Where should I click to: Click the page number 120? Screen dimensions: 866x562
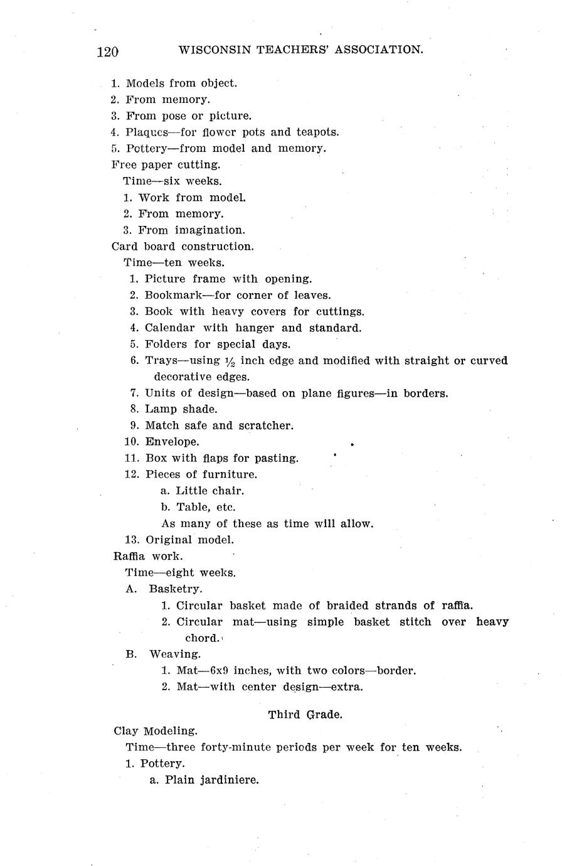107,51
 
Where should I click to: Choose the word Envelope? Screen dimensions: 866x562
172,442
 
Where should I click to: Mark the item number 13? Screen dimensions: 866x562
132,540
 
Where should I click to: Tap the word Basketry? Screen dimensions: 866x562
176,589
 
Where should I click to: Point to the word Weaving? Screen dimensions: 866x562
174,654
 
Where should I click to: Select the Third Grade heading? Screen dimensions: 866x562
305,714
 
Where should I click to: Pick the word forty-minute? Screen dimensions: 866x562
235,747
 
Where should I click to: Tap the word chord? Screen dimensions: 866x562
203,638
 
